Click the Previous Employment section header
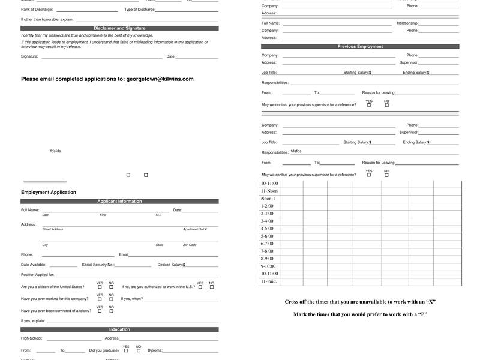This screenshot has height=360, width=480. (360, 46)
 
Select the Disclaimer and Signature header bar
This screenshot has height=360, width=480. (119, 28)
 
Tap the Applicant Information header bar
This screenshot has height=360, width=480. (119, 202)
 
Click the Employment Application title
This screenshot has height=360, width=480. (49, 193)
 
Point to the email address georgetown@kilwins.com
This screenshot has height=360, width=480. (160, 79)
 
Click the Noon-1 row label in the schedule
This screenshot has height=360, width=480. (268, 199)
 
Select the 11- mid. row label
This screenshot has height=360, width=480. (269, 281)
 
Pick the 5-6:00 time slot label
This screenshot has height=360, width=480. (267, 236)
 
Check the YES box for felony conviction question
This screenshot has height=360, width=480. (100, 311)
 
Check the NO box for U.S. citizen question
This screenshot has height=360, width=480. (111, 287)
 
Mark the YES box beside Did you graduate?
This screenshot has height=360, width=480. (126, 350)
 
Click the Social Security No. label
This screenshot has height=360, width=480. (98, 265)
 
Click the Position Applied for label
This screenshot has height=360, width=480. (38, 275)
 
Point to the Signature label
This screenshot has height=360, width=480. (29, 56)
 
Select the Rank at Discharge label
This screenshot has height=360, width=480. (37, 10)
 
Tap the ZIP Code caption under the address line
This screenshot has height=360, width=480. (190, 245)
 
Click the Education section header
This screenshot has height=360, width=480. (119, 329)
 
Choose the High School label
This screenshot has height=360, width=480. (32, 338)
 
